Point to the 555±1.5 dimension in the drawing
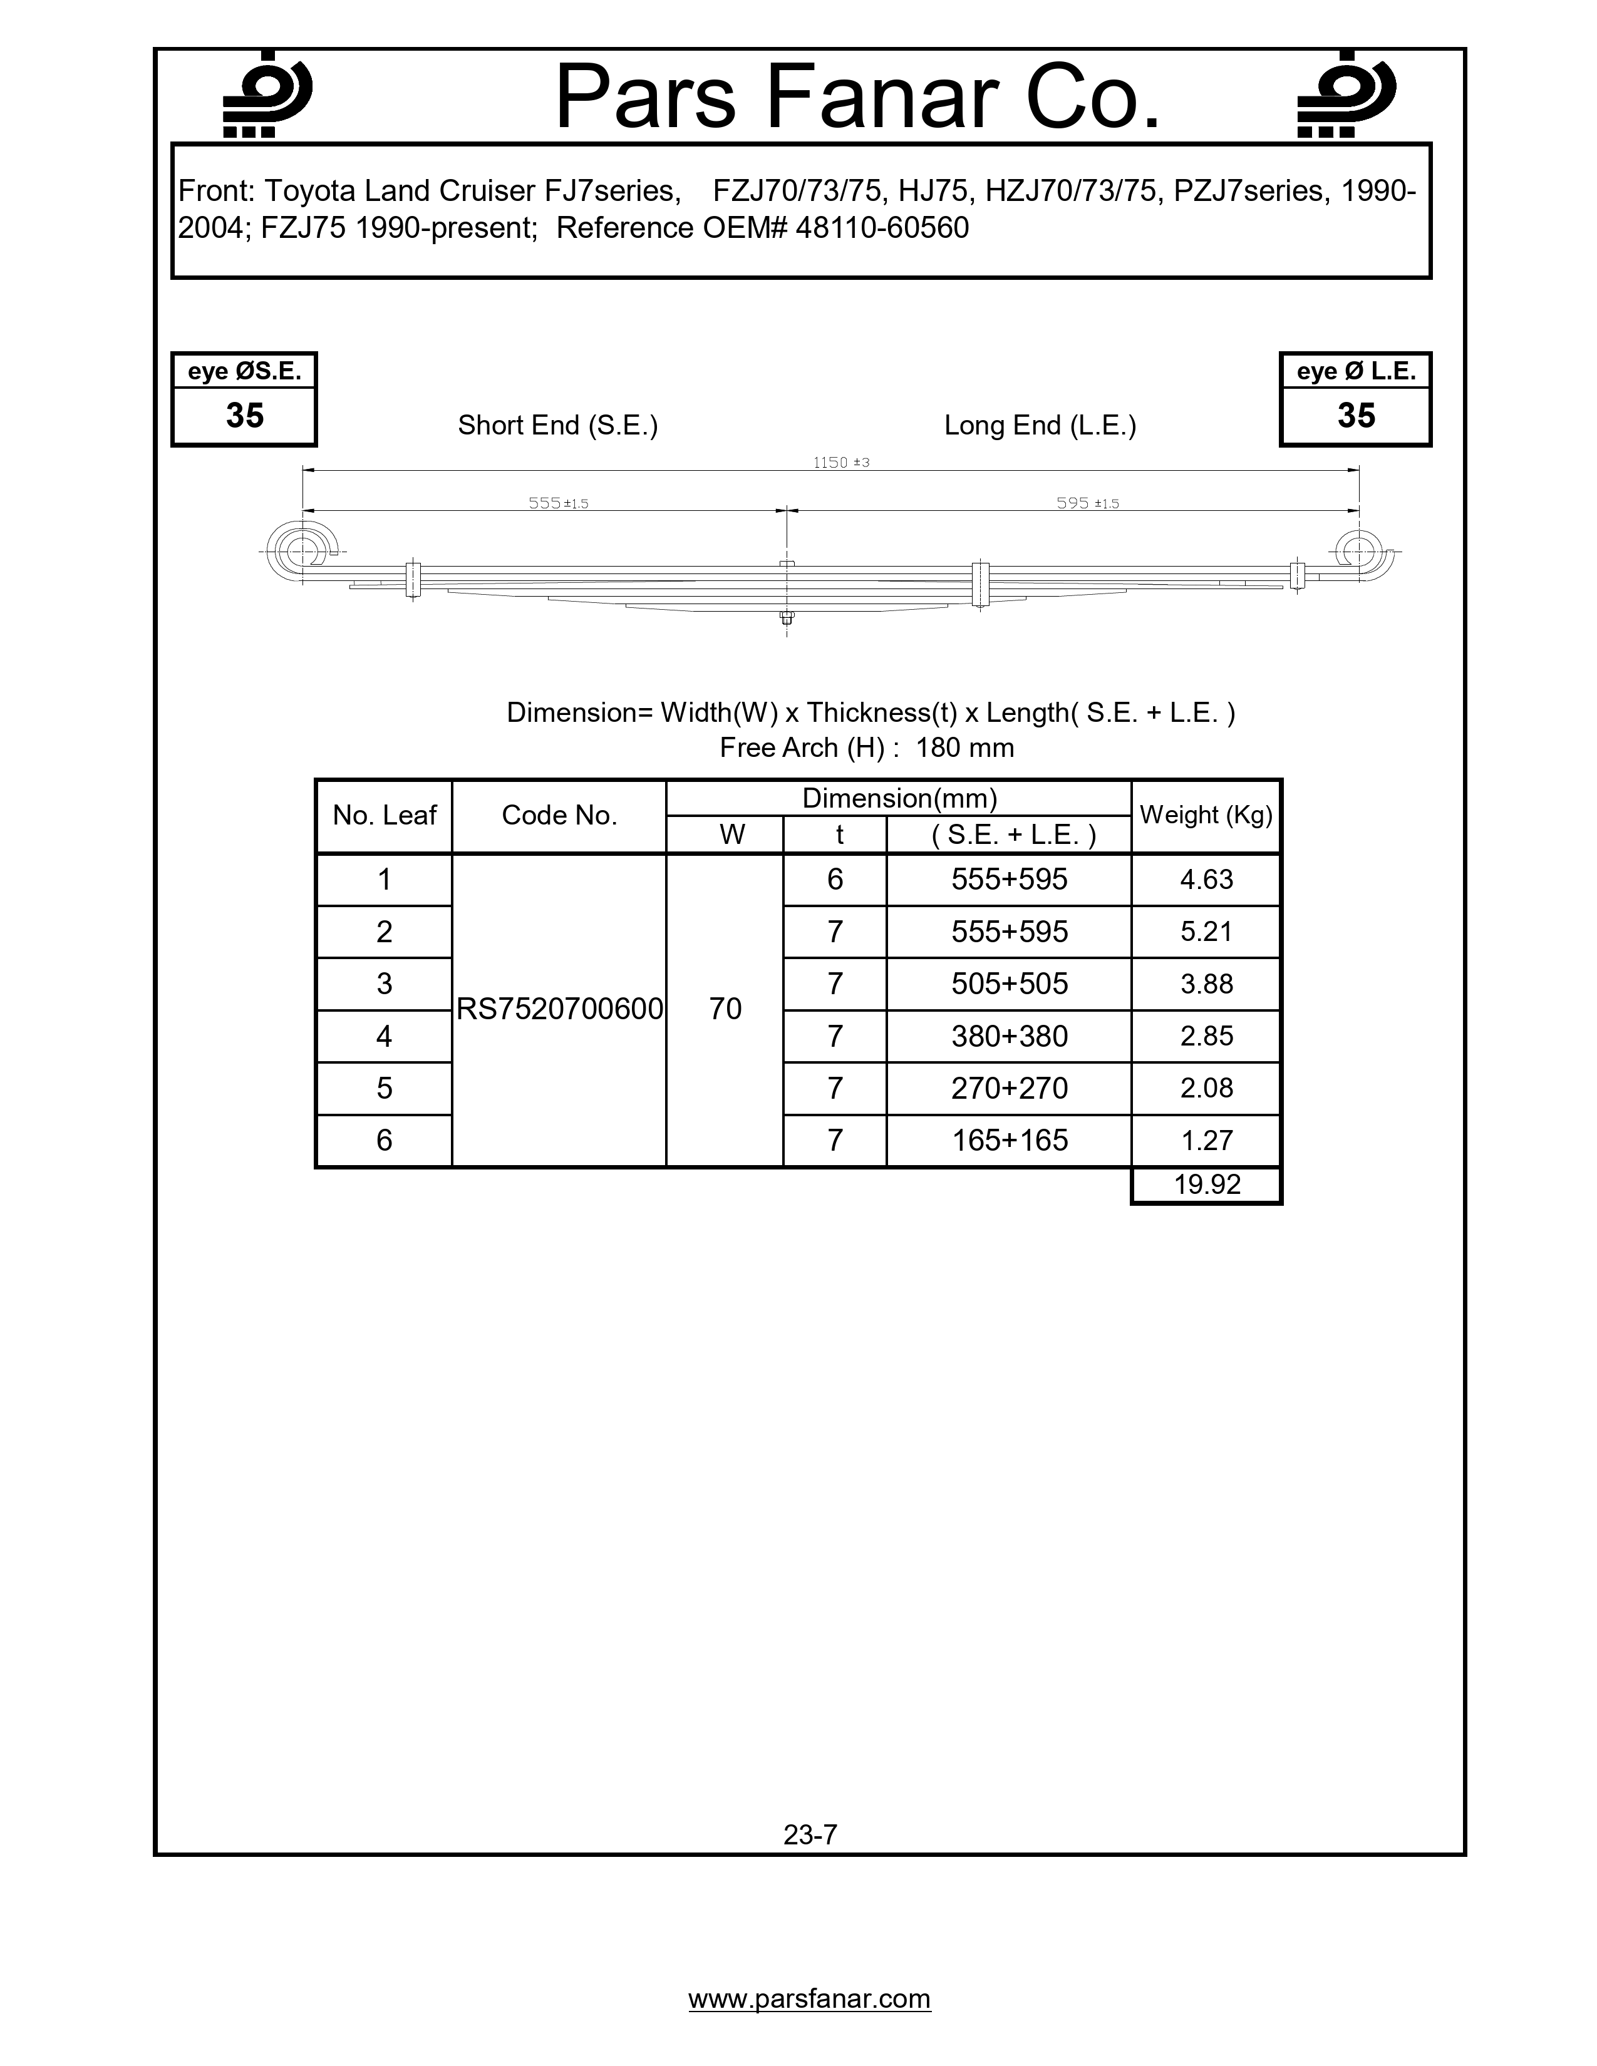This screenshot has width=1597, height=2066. [558, 503]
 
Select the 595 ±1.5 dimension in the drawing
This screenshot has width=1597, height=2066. [1087, 503]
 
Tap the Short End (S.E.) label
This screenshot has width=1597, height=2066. [557, 426]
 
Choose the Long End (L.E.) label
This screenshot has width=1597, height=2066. [1040, 426]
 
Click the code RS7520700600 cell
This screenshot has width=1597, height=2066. [559, 1009]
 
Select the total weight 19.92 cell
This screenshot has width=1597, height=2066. [1206, 1185]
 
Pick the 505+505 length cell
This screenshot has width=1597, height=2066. [1010, 984]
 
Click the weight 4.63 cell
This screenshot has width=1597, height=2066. [1206, 880]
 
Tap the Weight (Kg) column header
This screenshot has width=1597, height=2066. [1206, 815]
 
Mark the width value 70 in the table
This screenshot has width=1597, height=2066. [725, 1009]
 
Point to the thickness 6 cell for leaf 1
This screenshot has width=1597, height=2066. [834, 880]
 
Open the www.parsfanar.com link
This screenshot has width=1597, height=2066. [809, 1999]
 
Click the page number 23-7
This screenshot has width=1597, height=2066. [810, 1835]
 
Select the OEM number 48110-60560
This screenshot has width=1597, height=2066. [882, 228]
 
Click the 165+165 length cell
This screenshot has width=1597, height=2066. [1010, 1140]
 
